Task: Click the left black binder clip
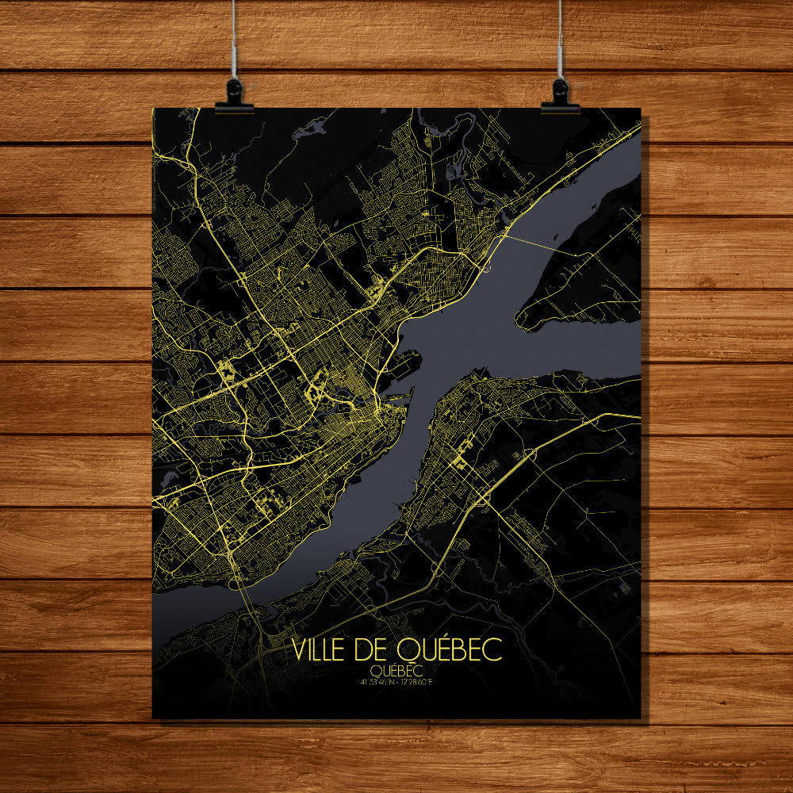pyautogui.click(x=234, y=95)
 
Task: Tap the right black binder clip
pyautogui.click(x=561, y=95)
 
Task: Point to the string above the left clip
pyautogui.click(x=234, y=40)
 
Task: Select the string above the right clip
pyautogui.click(x=560, y=40)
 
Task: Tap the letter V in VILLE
pyautogui.click(x=299, y=650)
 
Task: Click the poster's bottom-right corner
pyautogui.click(x=640, y=718)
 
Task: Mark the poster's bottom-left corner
pyautogui.click(x=153, y=718)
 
